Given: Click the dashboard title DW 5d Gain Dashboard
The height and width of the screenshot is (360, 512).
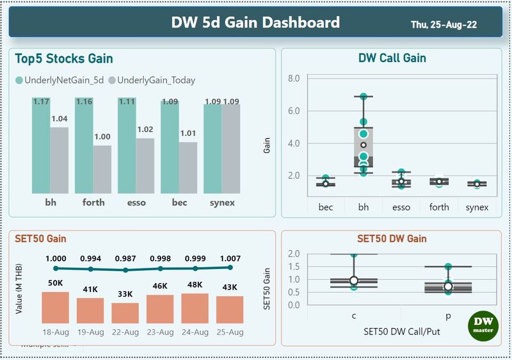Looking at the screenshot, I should pyautogui.click(x=255, y=23).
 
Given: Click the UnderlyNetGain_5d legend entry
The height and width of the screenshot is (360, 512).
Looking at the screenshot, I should pyautogui.click(x=61, y=80).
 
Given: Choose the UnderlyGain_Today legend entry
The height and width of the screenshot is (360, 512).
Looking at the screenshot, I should pyautogui.click(x=152, y=80).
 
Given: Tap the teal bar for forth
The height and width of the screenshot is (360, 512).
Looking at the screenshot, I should pyautogui.click(x=84, y=147).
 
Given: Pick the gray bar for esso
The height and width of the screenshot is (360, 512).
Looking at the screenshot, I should pyautogui.click(x=145, y=166).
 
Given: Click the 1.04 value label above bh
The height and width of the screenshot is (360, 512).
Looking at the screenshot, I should pyautogui.click(x=60, y=119).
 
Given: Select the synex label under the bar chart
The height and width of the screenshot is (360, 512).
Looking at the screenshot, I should pyautogui.click(x=222, y=203).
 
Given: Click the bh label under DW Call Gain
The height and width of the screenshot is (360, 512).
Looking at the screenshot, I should pyautogui.click(x=363, y=207).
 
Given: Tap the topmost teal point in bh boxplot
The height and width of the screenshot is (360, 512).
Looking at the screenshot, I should pyautogui.click(x=363, y=97).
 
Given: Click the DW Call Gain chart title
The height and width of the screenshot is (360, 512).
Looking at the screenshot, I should pyautogui.click(x=392, y=58).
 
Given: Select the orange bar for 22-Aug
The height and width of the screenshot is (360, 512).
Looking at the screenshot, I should pyautogui.click(x=125, y=313).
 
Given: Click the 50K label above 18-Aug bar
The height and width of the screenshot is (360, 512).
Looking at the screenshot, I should pyautogui.click(x=55, y=283).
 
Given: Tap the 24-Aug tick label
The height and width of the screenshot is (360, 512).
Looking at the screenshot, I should pyautogui.click(x=195, y=332).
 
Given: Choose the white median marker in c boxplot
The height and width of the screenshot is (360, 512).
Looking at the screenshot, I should pyautogui.click(x=354, y=281).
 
